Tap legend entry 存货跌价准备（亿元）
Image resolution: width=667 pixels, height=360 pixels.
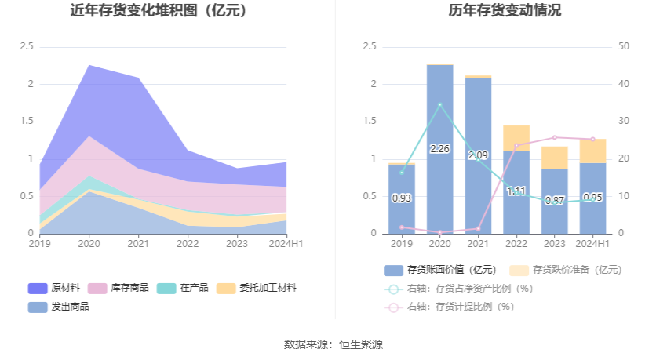click(565, 270)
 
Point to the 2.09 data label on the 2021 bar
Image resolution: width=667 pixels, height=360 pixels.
click(478, 155)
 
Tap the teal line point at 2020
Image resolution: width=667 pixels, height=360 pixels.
click(440, 104)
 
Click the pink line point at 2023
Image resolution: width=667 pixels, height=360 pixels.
click(555, 137)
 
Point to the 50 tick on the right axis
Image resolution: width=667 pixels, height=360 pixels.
click(624, 47)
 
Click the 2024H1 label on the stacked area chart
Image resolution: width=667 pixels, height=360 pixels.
click(286, 244)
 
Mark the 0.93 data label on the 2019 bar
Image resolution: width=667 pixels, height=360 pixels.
click(402, 198)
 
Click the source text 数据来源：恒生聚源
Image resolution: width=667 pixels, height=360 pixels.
click(333, 344)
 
